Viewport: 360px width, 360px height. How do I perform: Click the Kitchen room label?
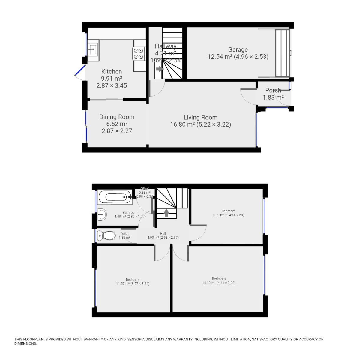pyautogui.click(x=112, y=72)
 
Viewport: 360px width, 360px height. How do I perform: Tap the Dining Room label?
pyautogui.click(x=117, y=117)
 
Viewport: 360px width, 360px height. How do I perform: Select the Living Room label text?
pyautogui.click(x=200, y=118)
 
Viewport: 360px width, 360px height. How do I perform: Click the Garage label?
pyautogui.click(x=238, y=50)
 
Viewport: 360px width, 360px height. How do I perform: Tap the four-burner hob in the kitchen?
pyautogui.click(x=138, y=54)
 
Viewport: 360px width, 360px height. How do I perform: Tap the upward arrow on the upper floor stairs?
pyautogui.click(x=166, y=212)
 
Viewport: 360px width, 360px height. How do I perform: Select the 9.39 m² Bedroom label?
pyautogui.click(x=228, y=211)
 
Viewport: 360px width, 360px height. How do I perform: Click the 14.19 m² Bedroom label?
pyautogui.click(x=218, y=279)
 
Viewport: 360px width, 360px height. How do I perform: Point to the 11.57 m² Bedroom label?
pyautogui.click(x=133, y=280)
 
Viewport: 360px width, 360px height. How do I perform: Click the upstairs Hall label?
pyautogui.click(x=163, y=234)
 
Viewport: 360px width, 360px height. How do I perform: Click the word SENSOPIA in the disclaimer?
pyautogui.click(x=138, y=340)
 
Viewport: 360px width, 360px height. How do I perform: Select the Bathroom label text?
pyautogui.click(x=130, y=213)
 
